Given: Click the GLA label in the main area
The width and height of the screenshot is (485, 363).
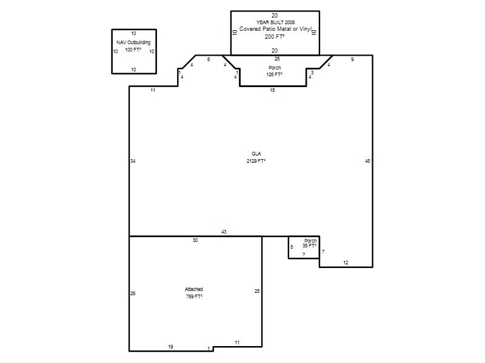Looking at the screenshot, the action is pyautogui.click(x=256, y=154).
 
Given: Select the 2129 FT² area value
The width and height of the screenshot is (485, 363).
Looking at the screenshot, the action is pyautogui.click(x=256, y=161).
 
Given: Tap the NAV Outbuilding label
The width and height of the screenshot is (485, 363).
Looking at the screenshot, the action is pyautogui.click(x=133, y=42).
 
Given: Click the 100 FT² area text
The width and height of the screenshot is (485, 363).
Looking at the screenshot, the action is pyautogui.click(x=133, y=50).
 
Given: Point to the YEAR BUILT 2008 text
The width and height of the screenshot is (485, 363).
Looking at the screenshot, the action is pyautogui.click(x=275, y=22).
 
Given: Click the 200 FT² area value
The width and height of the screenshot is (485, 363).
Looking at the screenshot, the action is pyautogui.click(x=275, y=36).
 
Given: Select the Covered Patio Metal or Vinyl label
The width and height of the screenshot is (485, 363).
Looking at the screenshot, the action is pyautogui.click(x=276, y=29).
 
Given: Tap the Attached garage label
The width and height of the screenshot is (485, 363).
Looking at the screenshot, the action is pyautogui.click(x=193, y=289).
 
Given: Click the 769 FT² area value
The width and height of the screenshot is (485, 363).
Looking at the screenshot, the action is pyautogui.click(x=194, y=296).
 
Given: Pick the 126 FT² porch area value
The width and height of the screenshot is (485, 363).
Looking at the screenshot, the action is pyautogui.click(x=275, y=74).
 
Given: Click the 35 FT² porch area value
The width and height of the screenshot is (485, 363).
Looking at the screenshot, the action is pyautogui.click(x=309, y=246).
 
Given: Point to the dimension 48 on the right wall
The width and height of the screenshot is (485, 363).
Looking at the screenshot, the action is pyautogui.click(x=367, y=161).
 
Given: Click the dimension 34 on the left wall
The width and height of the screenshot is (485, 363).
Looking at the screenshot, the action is pyautogui.click(x=133, y=161).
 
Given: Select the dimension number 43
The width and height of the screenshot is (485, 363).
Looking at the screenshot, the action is pyautogui.click(x=224, y=232).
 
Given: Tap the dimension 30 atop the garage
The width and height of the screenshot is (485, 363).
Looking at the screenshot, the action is pyautogui.click(x=195, y=240).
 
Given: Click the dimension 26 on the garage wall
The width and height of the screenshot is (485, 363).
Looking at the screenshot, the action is pyautogui.click(x=133, y=293).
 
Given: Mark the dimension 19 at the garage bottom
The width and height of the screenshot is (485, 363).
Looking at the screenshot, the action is pyautogui.click(x=170, y=347).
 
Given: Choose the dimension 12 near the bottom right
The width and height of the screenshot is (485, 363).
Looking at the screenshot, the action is pyautogui.click(x=346, y=263).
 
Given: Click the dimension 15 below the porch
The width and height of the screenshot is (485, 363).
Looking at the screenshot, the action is pyautogui.click(x=272, y=90).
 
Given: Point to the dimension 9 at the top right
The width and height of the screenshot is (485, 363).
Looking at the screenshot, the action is pyautogui.click(x=352, y=59).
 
